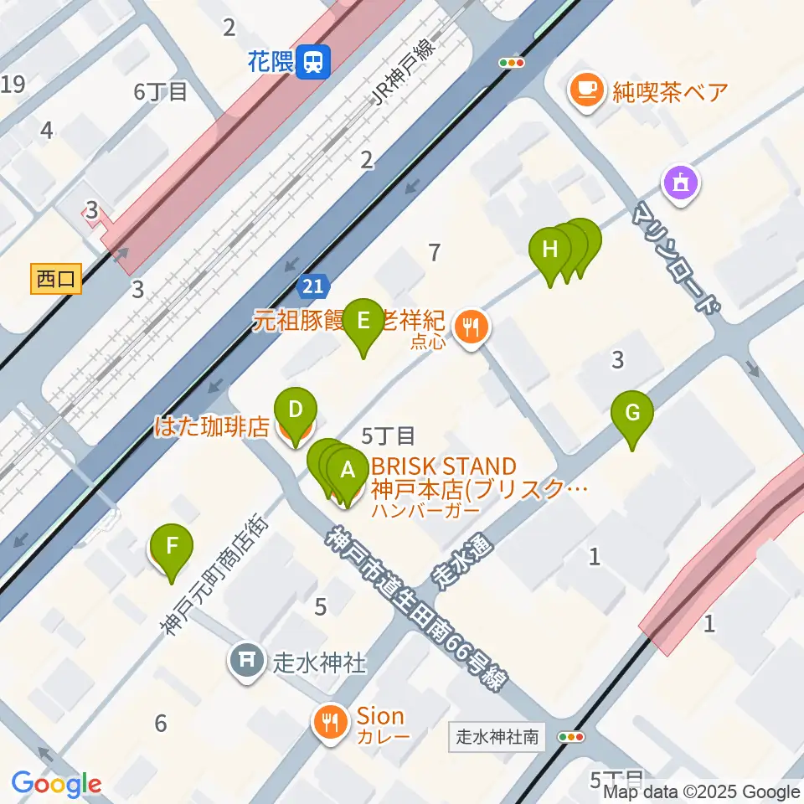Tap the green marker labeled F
click(172, 547)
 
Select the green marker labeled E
click(363, 321)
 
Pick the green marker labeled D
click(295, 410)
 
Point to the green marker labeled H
click(550, 250)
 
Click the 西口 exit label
click(57, 279)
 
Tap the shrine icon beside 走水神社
click(247, 662)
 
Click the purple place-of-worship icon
click(680, 183)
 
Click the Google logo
click(56, 785)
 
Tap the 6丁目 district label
click(160, 92)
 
